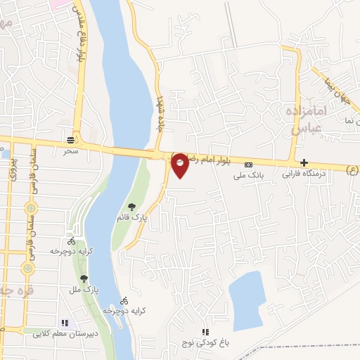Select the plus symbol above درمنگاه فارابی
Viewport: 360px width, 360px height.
pyautogui.click(x=304, y=162)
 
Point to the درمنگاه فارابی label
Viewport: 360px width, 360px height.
pyautogui.click(x=304, y=173)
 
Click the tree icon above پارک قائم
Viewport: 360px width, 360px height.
pyautogui.click(x=131, y=207)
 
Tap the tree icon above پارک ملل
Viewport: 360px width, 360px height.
pyautogui.click(x=84, y=278)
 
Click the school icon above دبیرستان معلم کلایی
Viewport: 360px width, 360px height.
pyautogui.click(x=65, y=323)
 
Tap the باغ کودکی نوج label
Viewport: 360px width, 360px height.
pyautogui.click(x=205, y=343)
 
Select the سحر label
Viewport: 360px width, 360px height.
pyautogui.click(x=70, y=150)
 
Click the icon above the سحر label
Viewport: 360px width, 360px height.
pyautogui.click(x=70, y=139)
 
